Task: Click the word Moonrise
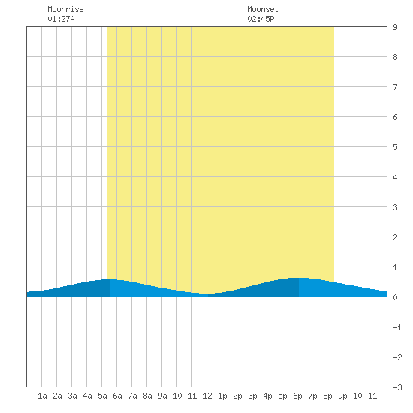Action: click(x=65, y=9)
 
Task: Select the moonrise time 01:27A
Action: click(x=61, y=19)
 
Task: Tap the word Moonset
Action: click(x=263, y=9)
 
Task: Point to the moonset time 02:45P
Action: click(x=261, y=19)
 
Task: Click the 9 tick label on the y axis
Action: click(x=395, y=27)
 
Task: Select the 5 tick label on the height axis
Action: click(x=395, y=147)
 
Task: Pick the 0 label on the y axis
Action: click(x=395, y=297)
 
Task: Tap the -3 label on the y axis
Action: click(x=397, y=387)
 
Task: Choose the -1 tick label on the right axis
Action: click(x=397, y=327)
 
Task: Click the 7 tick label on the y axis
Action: click(x=395, y=87)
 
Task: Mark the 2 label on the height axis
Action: click(x=395, y=237)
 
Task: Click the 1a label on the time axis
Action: click(x=42, y=396)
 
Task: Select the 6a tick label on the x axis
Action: click(x=117, y=396)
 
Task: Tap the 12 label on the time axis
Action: click(x=207, y=396)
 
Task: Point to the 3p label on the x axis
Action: click(x=252, y=396)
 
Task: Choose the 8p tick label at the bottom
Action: click(x=327, y=396)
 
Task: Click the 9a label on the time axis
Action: click(x=162, y=396)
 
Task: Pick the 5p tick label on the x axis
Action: click(x=282, y=396)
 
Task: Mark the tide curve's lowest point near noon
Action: click(x=206, y=294)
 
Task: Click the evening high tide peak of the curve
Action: click(x=299, y=278)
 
